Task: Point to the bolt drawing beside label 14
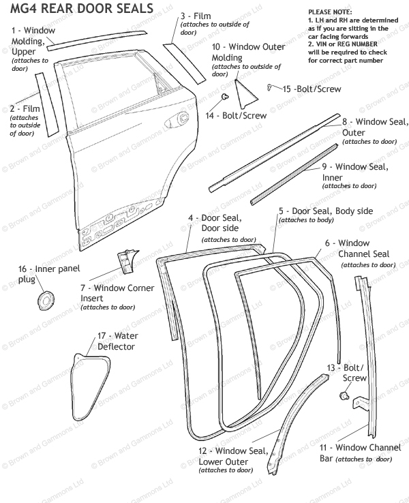(224, 100)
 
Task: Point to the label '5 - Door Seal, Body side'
(326, 211)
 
